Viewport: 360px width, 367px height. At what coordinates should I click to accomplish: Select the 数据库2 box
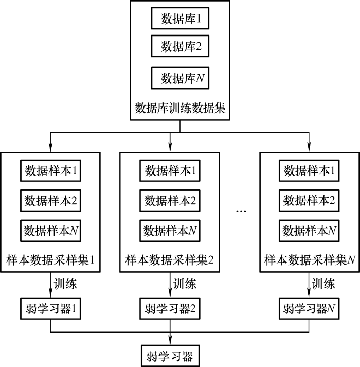(x=180, y=46)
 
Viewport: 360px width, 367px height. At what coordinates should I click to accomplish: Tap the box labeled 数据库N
(x=180, y=78)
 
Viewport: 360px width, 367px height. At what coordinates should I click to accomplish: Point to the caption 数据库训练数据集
(x=180, y=108)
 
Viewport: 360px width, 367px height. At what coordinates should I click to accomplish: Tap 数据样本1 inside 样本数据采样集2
(x=170, y=170)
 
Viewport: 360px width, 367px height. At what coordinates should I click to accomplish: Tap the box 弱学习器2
(x=170, y=309)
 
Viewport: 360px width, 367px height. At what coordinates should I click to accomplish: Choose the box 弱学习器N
(x=309, y=309)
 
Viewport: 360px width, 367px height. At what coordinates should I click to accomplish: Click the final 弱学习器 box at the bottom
(x=170, y=355)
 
